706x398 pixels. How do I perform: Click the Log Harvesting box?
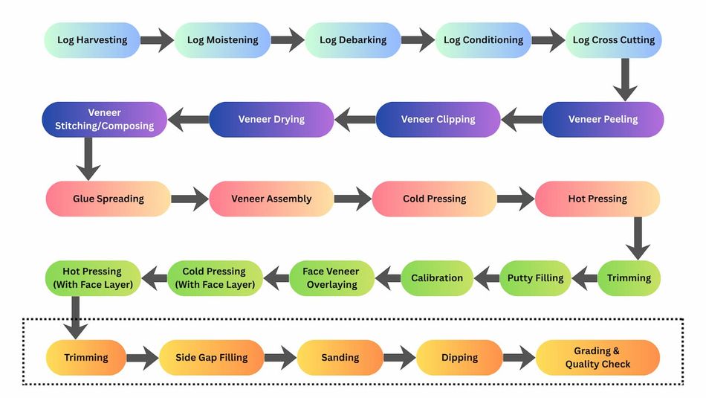(92, 40)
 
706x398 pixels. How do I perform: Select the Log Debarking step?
(353, 40)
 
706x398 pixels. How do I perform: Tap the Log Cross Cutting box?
(614, 40)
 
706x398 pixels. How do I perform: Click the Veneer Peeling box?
(603, 119)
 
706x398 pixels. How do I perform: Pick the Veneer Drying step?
(271, 119)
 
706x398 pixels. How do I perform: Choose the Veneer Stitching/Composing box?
(104, 119)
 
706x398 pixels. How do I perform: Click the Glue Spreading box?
(109, 199)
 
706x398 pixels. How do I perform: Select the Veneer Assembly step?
(271, 199)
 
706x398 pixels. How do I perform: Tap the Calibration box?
(437, 278)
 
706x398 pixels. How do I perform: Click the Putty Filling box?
(535, 278)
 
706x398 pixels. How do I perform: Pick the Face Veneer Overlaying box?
(332, 278)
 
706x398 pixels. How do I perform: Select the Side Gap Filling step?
(211, 358)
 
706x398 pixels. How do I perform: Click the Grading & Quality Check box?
(597, 358)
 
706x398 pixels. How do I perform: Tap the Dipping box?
(459, 358)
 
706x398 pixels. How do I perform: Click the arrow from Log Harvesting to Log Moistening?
(157, 40)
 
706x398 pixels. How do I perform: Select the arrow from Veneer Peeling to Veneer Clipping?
(522, 119)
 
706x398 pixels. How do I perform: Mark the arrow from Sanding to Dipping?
(399, 358)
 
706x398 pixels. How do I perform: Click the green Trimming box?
(629, 278)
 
